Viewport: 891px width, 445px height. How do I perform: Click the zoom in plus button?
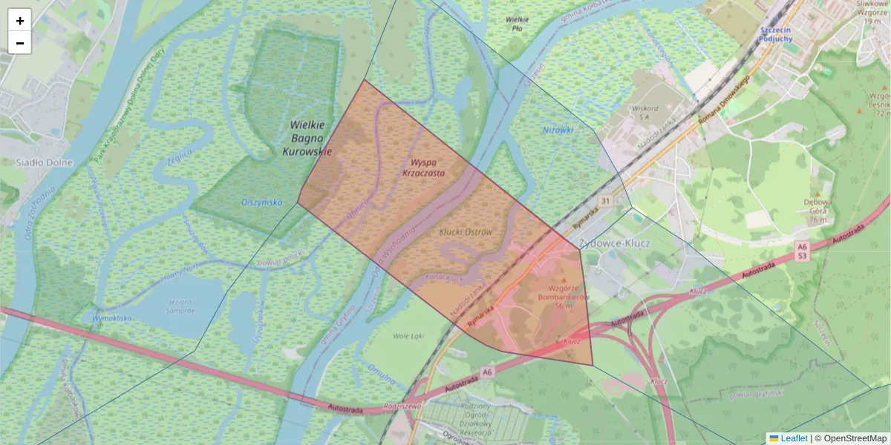click(20, 21)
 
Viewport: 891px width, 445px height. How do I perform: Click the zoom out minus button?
click(20, 43)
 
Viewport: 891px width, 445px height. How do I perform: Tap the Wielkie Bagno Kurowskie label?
click(307, 139)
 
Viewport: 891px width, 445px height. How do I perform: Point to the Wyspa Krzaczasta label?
click(423, 167)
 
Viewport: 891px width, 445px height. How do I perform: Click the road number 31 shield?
click(605, 201)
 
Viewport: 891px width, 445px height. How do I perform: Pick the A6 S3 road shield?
click(801, 251)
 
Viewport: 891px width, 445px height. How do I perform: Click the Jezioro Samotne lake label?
click(178, 306)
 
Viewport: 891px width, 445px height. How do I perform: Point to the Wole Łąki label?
click(408, 335)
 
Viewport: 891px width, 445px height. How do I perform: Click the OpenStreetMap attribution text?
click(855, 438)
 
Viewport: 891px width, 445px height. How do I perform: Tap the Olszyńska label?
click(262, 202)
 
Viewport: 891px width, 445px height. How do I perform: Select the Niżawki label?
click(558, 130)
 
